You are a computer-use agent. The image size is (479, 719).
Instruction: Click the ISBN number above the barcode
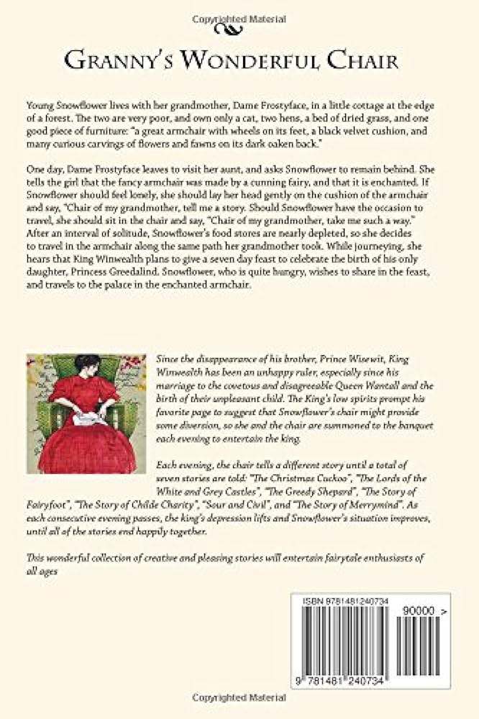tap(342, 601)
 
